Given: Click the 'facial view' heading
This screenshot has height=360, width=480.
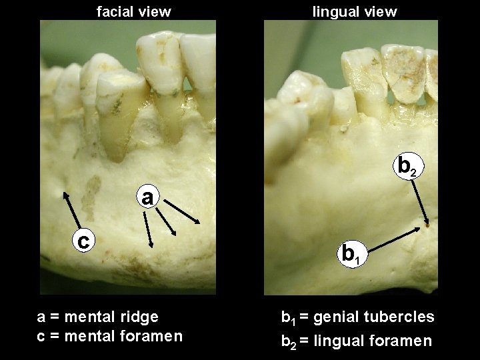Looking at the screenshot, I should coord(134,11).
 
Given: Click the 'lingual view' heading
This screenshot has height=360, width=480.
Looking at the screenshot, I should coord(355,11).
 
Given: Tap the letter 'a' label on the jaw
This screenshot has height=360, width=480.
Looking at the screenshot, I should coord(148,198).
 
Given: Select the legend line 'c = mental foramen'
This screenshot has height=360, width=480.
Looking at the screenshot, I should coord(109,335).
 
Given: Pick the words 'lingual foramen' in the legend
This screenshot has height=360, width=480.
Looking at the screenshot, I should coord(377,341).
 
